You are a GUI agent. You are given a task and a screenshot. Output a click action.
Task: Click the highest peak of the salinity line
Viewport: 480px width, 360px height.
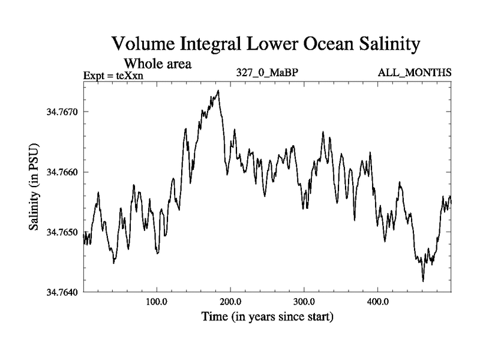218,91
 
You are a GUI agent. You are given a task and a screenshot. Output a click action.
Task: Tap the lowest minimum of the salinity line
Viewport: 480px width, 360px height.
423,281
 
